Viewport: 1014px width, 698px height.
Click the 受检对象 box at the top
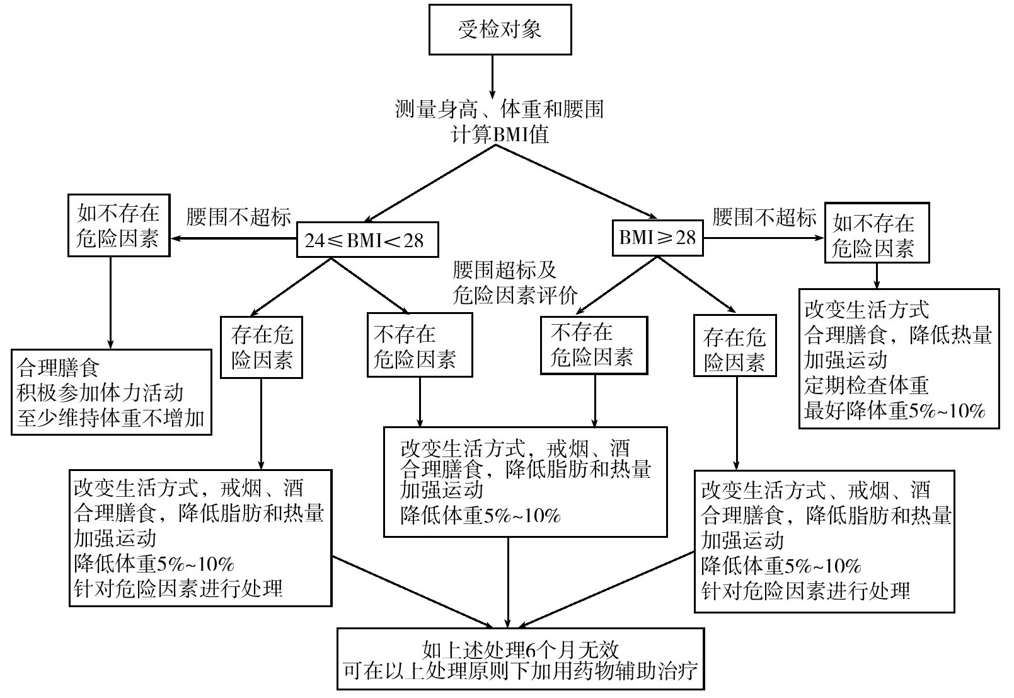tap(500, 30)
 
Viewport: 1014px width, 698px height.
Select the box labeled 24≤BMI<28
tap(367, 240)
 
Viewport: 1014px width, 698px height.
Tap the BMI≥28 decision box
tap(658, 237)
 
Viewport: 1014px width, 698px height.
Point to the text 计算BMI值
tap(500, 134)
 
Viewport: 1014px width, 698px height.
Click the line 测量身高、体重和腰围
tap(500, 109)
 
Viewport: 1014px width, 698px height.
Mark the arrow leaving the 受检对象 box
tap(492, 73)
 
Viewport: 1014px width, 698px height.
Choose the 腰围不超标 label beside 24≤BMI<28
tap(239, 218)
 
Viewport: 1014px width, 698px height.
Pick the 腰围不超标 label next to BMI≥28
tap(764, 218)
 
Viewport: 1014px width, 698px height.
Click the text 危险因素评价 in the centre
tap(515, 295)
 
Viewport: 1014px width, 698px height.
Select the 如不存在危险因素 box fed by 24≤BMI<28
tap(118, 225)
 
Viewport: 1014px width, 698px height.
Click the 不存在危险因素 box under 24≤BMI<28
tap(420, 345)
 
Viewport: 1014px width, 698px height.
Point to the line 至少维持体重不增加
tap(111, 418)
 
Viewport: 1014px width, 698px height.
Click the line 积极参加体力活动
tap(100, 392)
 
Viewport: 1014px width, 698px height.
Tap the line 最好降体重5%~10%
tap(894, 411)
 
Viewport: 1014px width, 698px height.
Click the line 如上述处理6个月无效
tap(521, 649)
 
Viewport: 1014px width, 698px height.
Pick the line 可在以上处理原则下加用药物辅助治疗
tap(521, 671)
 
